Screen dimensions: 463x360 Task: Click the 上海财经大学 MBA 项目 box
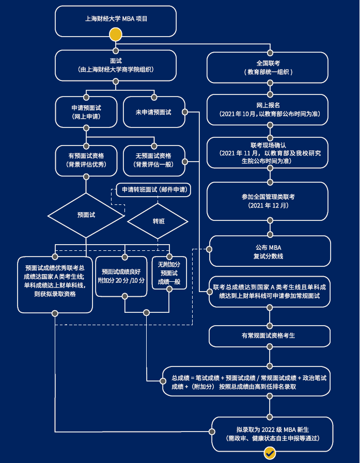[x=115, y=19]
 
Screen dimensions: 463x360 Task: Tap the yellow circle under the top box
[x=115, y=35]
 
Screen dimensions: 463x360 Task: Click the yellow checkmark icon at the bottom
[x=270, y=453]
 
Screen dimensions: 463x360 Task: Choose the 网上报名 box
[x=268, y=109]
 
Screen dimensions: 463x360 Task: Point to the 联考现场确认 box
[x=268, y=153]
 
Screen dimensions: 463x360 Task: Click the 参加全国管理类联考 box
[x=268, y=201]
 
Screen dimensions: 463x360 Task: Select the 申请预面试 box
[x=86, y=112]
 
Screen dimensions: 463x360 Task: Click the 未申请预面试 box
[x=154, y=112]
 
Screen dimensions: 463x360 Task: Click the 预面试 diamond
[x=86, y=215]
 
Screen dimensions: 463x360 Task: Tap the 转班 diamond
[x=158, y=221]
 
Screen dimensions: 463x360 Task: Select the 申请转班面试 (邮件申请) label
[x=153, y=190]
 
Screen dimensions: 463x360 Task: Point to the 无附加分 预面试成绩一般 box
[x=168, y=273]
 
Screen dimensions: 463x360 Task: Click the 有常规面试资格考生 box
[x=269, y=336]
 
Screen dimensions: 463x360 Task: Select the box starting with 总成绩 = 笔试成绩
[x=246, y=382]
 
